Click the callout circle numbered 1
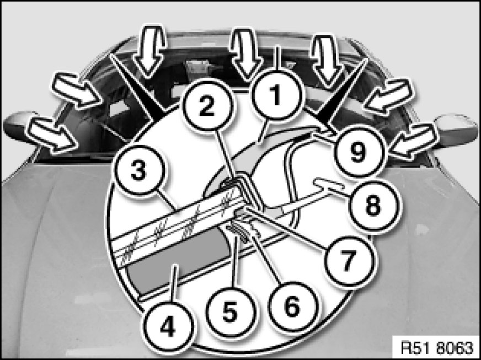point(277,95)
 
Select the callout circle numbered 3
point(138,170)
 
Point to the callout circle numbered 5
point(230,311)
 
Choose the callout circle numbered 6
point(292,307)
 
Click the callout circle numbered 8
point(373,205)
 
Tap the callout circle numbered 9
point(359,152)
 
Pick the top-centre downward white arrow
point(247,55)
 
